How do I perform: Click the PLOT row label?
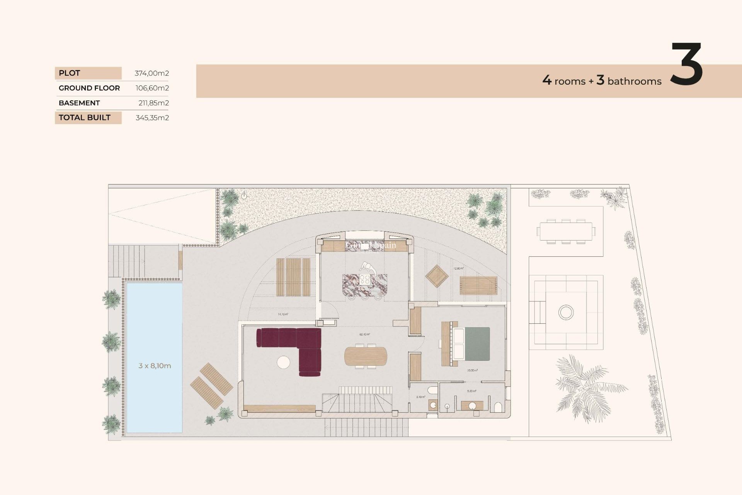70,73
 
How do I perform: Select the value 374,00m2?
151,73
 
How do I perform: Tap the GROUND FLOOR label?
89,88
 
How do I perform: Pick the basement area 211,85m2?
153,103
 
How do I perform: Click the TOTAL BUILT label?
85,118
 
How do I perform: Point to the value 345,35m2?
152,118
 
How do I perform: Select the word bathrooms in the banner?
634,81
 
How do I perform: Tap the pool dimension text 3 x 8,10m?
155,366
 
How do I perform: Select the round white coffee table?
283,362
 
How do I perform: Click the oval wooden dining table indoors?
365,356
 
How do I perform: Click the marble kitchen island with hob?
364,285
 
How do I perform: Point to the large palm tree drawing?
587,389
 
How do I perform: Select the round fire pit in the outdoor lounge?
566,312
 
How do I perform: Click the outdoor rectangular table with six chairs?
566,231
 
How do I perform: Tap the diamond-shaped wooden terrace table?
437,276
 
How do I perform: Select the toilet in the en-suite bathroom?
498,407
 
